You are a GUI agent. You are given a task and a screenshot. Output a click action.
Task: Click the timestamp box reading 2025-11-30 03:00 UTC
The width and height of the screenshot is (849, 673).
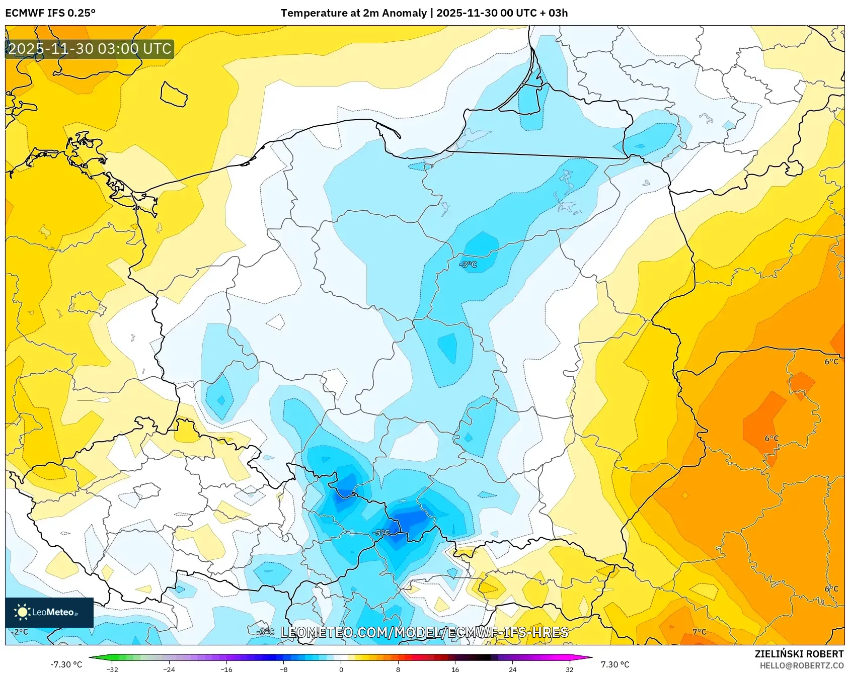[90, 49]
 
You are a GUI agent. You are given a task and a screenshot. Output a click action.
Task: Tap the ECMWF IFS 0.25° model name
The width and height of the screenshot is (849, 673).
[50, 13]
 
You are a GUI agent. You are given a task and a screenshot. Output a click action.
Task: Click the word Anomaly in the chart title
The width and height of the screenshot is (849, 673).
[404, 13]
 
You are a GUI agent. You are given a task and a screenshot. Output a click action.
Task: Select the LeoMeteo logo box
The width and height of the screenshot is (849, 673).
[49, 612]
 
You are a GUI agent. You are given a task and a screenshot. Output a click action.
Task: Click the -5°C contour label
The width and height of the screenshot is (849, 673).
[381, 533]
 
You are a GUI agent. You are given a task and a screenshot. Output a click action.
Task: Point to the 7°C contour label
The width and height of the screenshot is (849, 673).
[699, 632]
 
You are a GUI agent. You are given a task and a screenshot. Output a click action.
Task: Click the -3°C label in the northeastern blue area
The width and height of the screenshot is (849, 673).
[468, 265]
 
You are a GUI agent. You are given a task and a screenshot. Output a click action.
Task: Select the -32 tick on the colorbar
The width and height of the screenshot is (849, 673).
[112, 669]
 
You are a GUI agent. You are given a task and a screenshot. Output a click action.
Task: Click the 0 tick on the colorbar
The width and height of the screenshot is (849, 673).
[341, 669]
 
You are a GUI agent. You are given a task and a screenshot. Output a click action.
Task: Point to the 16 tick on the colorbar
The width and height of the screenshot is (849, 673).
[455, 669]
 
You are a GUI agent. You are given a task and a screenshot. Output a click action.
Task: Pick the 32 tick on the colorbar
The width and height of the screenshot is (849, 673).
[569, 669]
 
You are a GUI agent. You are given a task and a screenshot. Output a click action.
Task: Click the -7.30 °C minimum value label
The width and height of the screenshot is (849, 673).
[66, 664]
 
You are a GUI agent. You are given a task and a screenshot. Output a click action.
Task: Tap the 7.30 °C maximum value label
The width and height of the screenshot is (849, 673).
[615, 664]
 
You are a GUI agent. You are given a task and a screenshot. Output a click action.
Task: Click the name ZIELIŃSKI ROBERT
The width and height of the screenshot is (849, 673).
[799, 654]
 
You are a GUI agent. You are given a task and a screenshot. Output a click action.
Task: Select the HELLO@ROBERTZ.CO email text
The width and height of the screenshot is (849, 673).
[801, 665]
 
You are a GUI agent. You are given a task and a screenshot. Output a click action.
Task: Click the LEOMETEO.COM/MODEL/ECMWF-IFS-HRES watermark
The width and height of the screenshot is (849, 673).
[424, 632]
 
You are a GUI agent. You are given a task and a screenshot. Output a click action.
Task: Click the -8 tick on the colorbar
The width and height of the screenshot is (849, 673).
[284, 669]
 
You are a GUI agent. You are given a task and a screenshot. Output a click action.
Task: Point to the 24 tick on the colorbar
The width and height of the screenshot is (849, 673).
[512, 669]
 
